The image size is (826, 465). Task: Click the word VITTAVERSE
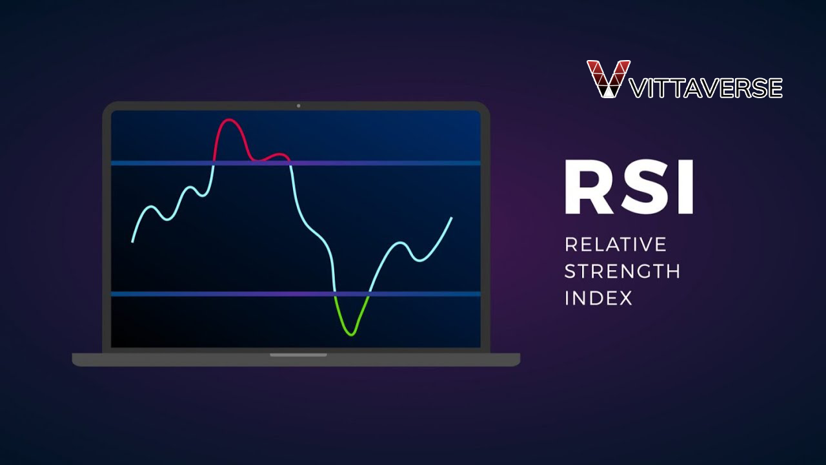click(706, 87)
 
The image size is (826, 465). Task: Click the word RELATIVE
click(615, 244)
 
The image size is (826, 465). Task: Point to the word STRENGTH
click(622, 271)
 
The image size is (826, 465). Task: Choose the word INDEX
click(598, 298)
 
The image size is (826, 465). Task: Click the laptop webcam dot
click(298, 105)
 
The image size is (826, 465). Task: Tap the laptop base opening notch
click(298, 355)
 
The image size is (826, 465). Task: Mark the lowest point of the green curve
click(350, 335)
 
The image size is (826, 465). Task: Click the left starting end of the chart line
click(133, 242)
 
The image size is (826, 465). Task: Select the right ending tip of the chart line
click(451, 218)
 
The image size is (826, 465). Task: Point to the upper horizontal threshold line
click(387, 163)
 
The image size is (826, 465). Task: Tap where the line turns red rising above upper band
click(214, 163)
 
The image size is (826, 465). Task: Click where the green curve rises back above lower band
click(368, 294)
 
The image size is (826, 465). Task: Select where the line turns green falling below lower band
click(335, 294)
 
